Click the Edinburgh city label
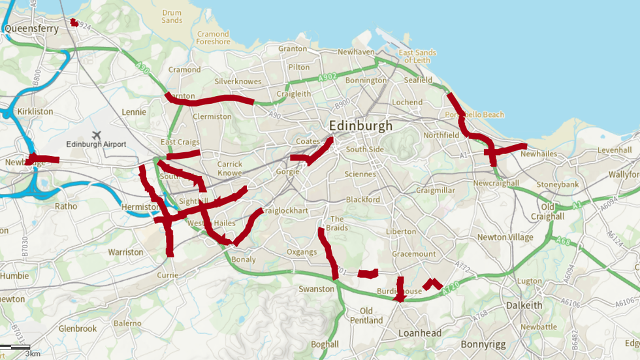(x=360, y=125)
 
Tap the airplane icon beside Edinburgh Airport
(x=97, y=135)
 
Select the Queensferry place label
(x=31, y=29)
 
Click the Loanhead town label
(x=420, y=333)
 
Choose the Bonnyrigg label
(x=484, y=343)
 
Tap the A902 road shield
(x=328, y=78)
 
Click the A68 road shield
(x=564, y=242)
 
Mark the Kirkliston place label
(x=35, y=112)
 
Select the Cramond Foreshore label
(x=214, y=38)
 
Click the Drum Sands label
(x=172, y=16)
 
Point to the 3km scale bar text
(x=33, y=353)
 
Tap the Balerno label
(x=127, y=323)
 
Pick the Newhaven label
(x=356, y=52)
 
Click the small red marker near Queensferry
(x=74, y=23)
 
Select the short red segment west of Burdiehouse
(x=368, y=273)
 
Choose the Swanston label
(x=316, y=288)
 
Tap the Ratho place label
(x=66, y=206)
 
